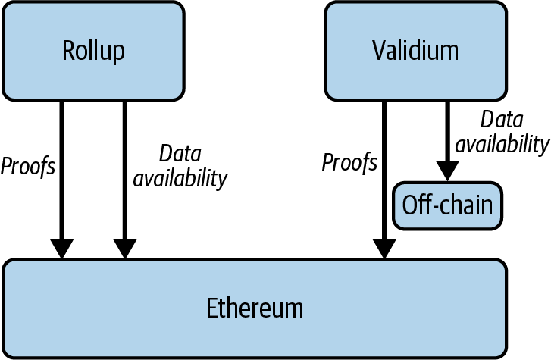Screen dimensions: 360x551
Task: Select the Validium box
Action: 415,50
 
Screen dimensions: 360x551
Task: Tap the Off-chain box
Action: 447,205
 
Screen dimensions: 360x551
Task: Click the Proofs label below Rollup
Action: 28,166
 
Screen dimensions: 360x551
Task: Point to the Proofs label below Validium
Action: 349,162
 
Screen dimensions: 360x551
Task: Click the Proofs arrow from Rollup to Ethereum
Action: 61,167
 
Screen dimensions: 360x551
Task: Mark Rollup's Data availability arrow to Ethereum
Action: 125,167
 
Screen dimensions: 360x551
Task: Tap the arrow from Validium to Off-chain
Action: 447,133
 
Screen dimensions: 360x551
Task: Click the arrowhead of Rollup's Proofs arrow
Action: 61,248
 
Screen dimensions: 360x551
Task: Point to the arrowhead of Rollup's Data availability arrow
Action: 125,248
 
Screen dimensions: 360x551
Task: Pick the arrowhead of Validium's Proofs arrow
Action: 384,248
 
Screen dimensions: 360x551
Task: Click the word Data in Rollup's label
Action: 180,154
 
